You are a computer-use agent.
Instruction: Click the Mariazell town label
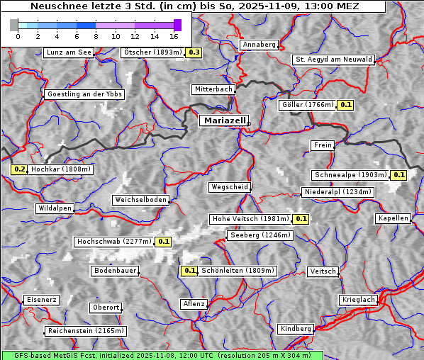pyautogui.click(x=224, y=121)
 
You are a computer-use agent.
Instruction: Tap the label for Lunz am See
pyautogui.click(x=68, y=52)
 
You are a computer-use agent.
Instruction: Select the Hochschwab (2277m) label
pyautogui.click(x=113, y=242)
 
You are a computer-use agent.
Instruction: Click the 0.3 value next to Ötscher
pyautogui.click(x=194, y=52)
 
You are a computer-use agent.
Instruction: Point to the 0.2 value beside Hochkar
pyautogui.click(x=19, y=169)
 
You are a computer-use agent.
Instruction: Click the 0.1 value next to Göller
pyautogui.click(x=345, y=105)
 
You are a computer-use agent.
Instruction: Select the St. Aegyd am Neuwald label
pyautogui.click(x=333, y=60)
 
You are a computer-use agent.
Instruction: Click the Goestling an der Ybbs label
pyautogui.click(x=84, y=94)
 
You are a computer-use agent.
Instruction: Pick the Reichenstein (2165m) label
pyautogui.click(x=86, y=331)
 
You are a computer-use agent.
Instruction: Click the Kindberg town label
pyautogui.click(x=296, y=329)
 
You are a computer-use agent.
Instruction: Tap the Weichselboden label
pyautogui.click(x=141, y=200)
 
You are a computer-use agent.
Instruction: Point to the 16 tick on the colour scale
pyautogui.click(x=174, y=35)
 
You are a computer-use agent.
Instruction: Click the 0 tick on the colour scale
pyautogui.click(x=17, y=35)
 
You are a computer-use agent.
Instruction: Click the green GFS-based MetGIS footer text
pyautogui.click(x=162, y=355)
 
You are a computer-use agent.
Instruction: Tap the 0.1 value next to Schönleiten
pyautogui.click(x=189, y=271)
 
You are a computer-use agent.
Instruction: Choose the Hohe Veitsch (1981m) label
pyautogui.click(x=250, y=219)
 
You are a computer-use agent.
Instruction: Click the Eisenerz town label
pyautogui.click(x=40, y=300)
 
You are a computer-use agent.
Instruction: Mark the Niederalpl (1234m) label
pyautogui.click(x=337, y=192)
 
